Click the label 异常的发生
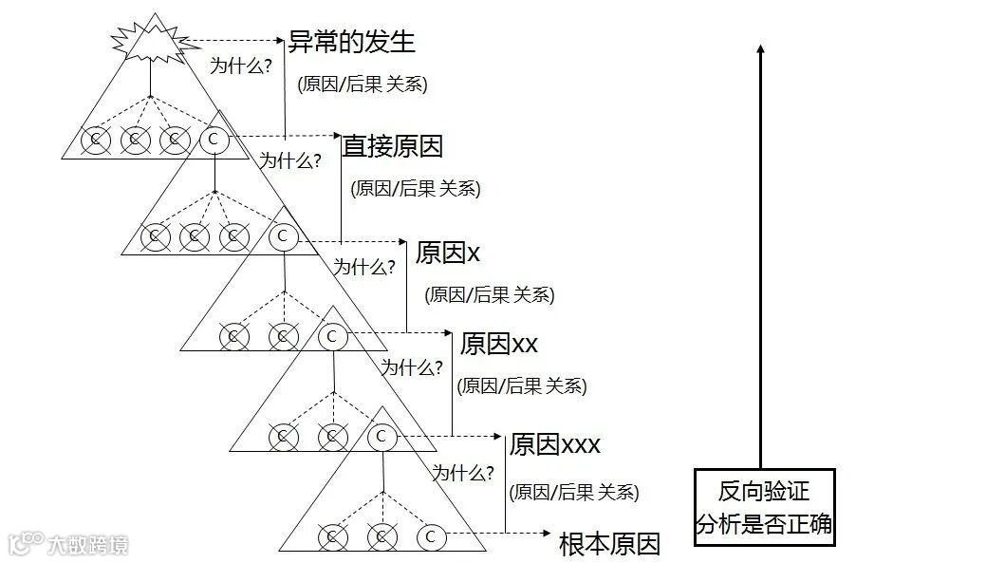pyautogui.click(x=351, y=42)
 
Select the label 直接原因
pyautogui.click(x=393, y=145)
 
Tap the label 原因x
pyautogui.click(x=448, y=252)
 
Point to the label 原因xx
pyautogui.click(x=498, y=343)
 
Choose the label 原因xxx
pyautogui.click(x=555, y=444)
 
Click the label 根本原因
pyautogui.click(x=609, y=544)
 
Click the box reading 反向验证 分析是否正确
pyautogui.click(x=764, y=507)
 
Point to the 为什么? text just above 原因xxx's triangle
pyautogui.click(x=463, y=472)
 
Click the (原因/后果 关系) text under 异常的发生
pyautogui.click(x=363, y=84)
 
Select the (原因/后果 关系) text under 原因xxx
pyautogui.click(x=574, y=492)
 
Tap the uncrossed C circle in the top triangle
pyautogui.click(x=213, y=140)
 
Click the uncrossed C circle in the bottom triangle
pyautogui.click(x=430, y=536)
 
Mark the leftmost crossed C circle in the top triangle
pyautogui.click(x=95, y=140)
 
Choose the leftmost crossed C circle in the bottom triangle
pyautogui.click(x=332, y=536)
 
